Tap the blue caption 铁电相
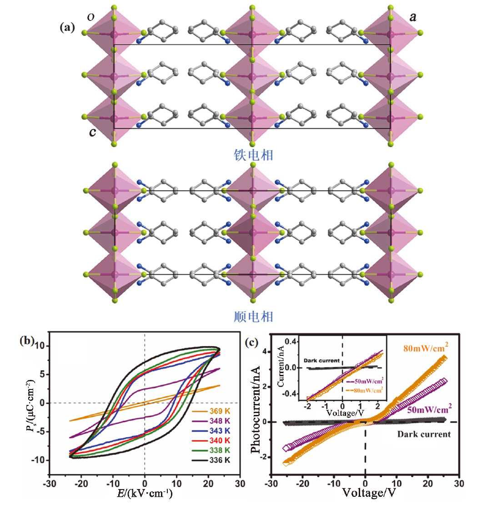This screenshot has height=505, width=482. click(x=251, y=156)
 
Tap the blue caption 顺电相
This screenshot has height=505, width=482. click(x=251, y=316)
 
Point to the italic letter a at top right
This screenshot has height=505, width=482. click(x=413, y=17)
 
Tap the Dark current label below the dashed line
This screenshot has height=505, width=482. click(x=424, y=434)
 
